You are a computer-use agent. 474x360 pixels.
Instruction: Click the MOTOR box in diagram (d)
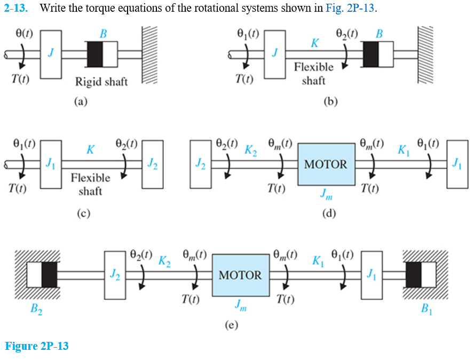click(x=326, y=164)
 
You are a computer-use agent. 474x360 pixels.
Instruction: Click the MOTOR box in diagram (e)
click(x=241, y=275)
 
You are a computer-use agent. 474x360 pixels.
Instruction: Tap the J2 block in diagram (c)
click(x=153, y=165)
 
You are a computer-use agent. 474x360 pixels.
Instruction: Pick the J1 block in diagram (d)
click(x=457, y=164)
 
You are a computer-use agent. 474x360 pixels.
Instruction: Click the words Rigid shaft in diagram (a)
click(x=101, y=82)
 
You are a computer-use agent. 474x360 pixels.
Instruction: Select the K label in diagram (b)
click(x=315, y=43)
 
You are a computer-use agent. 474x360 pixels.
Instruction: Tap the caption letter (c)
click(x=83, y=214)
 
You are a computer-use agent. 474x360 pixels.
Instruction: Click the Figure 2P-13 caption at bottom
click(x=37, y=346)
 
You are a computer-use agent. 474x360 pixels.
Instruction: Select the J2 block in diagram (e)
click(x=115, y=275)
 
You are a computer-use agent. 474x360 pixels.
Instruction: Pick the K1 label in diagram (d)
click(x=405, y=149)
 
